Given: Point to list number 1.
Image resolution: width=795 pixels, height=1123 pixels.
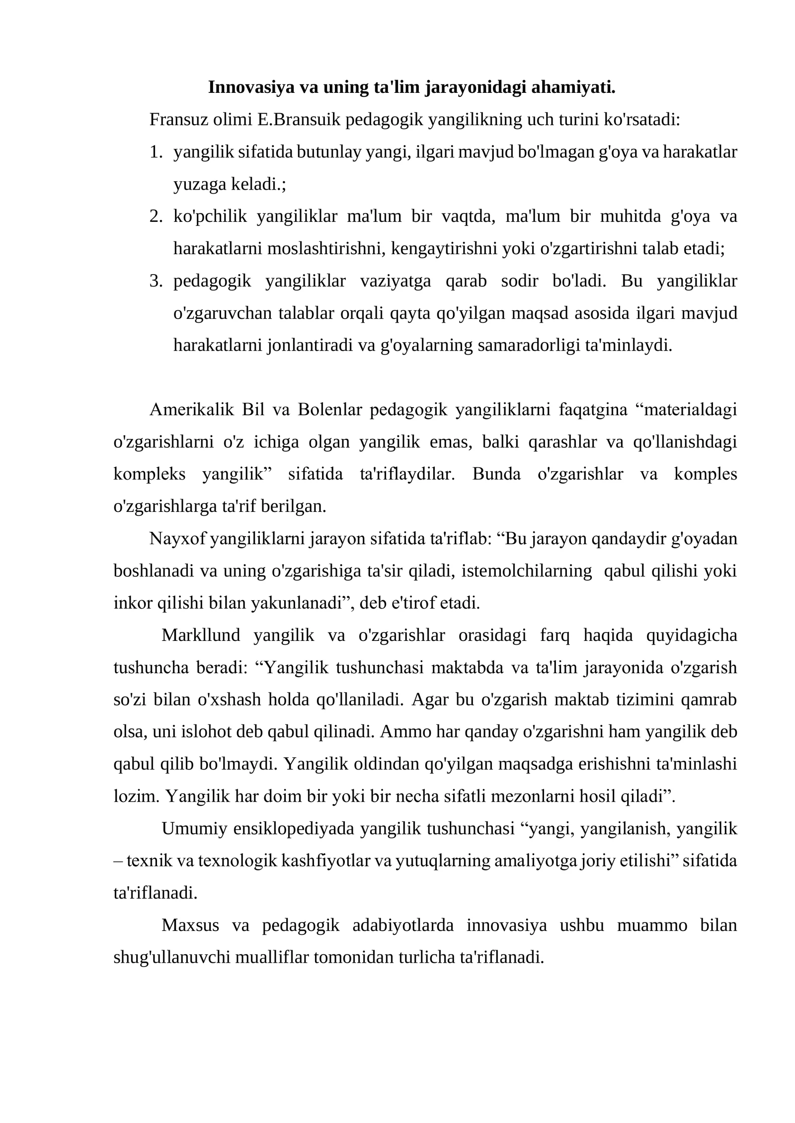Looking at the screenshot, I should [x=156, y=152].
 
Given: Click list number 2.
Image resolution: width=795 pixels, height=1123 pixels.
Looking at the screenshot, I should [x=156, y=216].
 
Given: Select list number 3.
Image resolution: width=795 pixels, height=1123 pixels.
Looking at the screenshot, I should [x=156, y=281].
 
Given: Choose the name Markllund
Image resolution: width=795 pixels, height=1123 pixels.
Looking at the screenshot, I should [x=201, y=635].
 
